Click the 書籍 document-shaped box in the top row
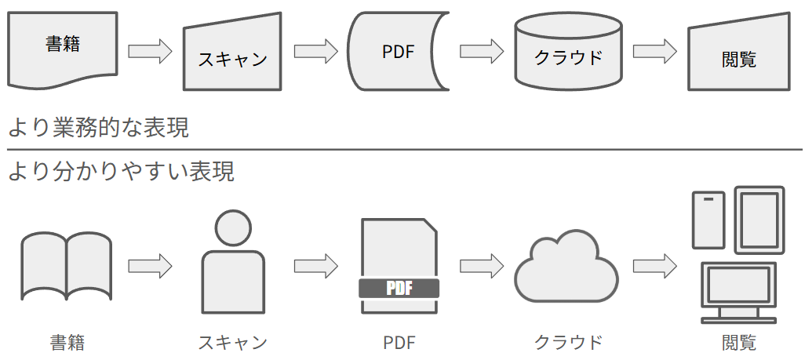click(63, 48)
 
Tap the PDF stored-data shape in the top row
click(398, 52)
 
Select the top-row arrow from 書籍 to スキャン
click(150, 52)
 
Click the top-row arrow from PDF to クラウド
click(481, 52)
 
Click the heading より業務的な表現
click(98, 127)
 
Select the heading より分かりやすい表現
click(121, 171)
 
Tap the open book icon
click(66, 266)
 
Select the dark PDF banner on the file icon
click(399, 288)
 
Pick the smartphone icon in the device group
click(708, 220)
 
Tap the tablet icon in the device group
click(759, 216)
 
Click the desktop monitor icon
click(738, 287)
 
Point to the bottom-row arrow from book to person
click(150, 265)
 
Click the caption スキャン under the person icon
click(233, 343)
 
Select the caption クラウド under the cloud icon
click(569, 343)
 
